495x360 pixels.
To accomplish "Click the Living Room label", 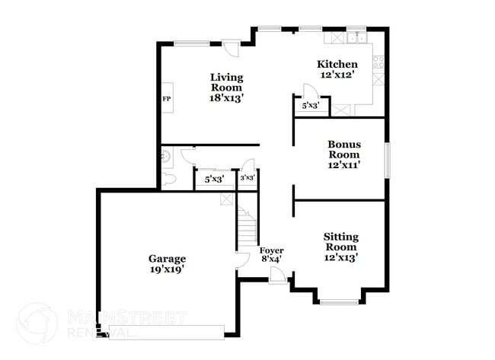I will (x=226, y=82).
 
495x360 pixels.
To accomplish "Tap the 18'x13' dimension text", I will (x=226, y=97).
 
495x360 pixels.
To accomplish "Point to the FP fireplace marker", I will (x=166, y=99).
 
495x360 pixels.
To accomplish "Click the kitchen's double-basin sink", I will (x=355, y=39).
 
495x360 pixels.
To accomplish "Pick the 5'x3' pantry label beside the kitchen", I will (x=310, y=106).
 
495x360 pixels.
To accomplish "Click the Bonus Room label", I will (x=344, y=149).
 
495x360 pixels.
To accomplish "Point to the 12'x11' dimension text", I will (x=344, y=164).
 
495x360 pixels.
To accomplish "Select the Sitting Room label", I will (x=340, y=242).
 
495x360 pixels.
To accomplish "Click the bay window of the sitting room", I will (x=340, y=302).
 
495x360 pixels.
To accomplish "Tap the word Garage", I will (x=167, y=258).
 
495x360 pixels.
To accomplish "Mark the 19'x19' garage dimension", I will (x=167, y=269).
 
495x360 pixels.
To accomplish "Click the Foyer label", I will (x=271, y=250).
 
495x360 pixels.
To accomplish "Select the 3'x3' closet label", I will (x=247, y=178).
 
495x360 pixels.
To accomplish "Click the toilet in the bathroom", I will (x=170, y=180).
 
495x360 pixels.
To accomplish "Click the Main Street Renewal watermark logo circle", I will (x=37, y=323).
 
